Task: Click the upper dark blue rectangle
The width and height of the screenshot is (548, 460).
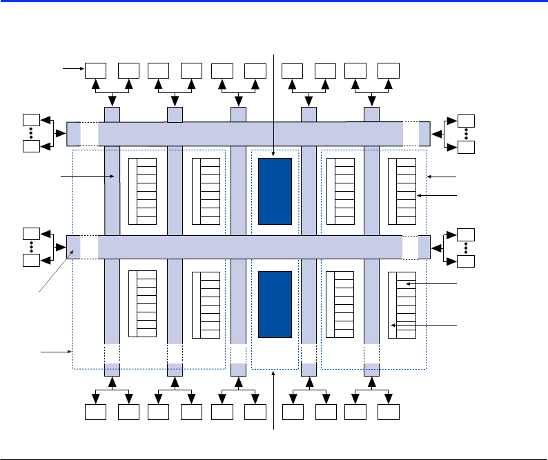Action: pos(275,190)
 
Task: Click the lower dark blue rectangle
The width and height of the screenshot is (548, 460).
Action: pos(275,304)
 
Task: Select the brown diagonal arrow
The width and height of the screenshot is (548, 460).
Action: pos(55,273)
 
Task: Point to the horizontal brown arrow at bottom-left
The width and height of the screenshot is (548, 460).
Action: pos(56,352)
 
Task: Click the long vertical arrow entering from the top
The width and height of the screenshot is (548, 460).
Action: pos(275,103)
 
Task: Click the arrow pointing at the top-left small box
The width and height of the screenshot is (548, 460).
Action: pos(72,68)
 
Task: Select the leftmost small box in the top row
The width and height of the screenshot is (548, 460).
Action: pos(96,70)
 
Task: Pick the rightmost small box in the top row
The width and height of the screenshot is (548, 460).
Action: pos(389,70)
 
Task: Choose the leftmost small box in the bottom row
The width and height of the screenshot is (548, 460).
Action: pos(96,412)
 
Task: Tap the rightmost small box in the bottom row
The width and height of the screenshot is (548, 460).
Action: pos(389,412)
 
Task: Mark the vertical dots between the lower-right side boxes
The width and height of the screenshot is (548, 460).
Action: pos(467,247)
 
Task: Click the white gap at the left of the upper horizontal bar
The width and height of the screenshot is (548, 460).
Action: pos(90,134)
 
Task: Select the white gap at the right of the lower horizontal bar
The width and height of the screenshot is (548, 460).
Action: pos(410,247)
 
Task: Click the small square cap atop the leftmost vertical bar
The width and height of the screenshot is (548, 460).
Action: pos(112,114)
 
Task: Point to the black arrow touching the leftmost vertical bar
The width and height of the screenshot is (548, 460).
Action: pos(88,177)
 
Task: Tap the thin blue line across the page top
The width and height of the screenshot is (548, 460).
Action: pos(274,2)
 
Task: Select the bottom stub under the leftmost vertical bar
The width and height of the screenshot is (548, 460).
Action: pos(112,370)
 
